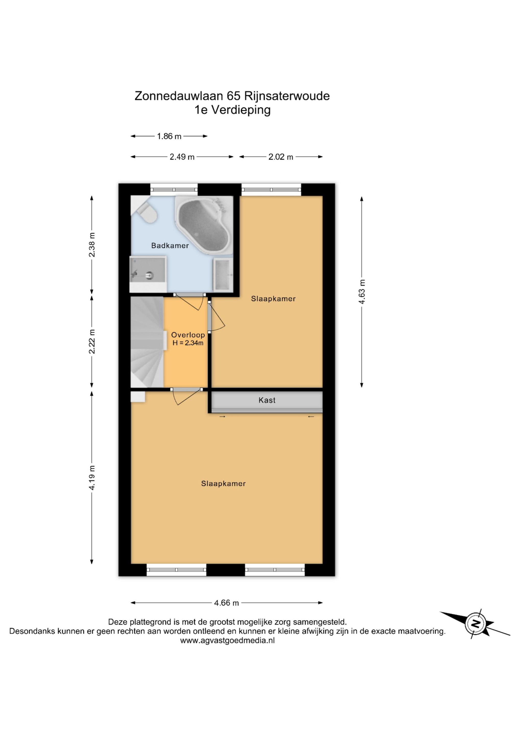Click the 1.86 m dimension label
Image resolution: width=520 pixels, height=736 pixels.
169,136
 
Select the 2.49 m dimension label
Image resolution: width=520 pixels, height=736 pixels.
182,157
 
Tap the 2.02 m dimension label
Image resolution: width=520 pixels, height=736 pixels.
281,157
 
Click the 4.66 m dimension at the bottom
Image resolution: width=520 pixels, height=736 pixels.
227,603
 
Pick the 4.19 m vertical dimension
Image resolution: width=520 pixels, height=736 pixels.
92,477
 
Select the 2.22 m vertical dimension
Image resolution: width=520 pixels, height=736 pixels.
92,341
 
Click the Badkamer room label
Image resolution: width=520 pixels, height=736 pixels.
170,246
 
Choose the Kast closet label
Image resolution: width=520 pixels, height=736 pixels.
267,400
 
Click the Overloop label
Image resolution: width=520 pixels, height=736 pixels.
188,335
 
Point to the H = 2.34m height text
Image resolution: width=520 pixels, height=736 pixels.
188,343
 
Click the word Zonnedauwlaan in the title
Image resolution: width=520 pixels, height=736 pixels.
179,96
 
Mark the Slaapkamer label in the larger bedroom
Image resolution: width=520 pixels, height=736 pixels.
223,484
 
